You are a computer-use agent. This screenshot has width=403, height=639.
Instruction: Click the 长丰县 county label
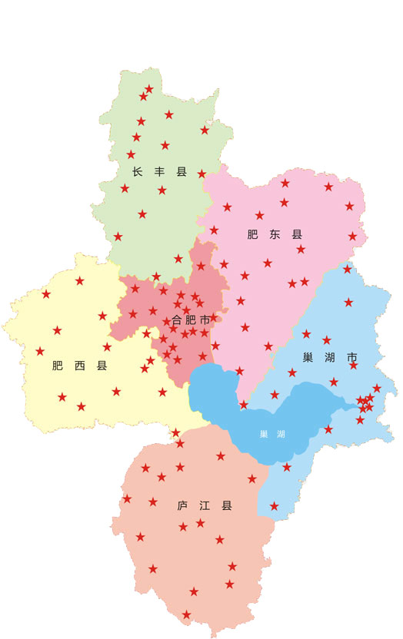pos(159,172)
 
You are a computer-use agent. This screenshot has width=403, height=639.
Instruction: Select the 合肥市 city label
pos(191,319)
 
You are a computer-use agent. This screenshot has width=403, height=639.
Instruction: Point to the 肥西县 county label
pos(79,366)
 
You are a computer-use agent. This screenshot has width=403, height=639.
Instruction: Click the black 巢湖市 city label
pos(330,358)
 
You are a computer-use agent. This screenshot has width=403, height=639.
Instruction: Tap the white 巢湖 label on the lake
pos(272,434)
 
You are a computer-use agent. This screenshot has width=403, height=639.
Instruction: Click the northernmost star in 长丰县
pos(149,89)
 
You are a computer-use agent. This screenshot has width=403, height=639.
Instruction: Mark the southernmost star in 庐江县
pos(186,614)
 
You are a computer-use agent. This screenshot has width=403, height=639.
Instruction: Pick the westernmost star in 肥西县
pos(40,351)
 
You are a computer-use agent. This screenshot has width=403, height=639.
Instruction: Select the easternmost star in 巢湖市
pos(377,389)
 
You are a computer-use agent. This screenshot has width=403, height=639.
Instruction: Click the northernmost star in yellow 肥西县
pos(80,281)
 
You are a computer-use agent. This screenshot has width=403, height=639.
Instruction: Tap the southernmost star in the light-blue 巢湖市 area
pos(274,506)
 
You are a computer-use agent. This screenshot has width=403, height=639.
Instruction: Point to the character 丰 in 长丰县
pos(159,172)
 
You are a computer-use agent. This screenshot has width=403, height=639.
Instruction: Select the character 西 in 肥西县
pos(79,366)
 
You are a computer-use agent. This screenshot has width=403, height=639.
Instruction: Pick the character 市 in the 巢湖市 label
pos(352,358)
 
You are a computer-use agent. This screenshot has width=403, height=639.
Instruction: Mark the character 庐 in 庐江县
pos(183,506)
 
